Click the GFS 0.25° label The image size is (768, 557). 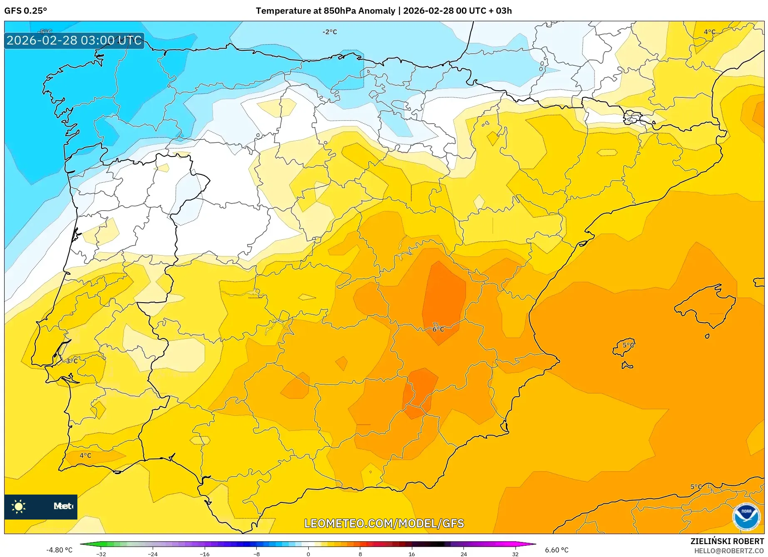point(25,11)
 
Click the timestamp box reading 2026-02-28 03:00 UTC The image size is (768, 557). point(74,40)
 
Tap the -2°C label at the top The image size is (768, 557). point(329,32)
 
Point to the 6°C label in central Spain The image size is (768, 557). point(438,329)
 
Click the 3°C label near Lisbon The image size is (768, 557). point(72,361)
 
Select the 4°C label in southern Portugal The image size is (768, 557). point(85,455)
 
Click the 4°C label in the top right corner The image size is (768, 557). point(709,32)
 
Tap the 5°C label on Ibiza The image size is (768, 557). point(628,345)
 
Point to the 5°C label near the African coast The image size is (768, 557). point(696,487)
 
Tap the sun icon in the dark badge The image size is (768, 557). point(19,507)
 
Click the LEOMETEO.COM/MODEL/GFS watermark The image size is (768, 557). point(384,523)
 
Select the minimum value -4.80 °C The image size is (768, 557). point(59,550)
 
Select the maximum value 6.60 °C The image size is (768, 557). point(557,550)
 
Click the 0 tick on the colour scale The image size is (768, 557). point(308,554)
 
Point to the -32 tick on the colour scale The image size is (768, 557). point(101,554)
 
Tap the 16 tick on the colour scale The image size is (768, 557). point(411,554)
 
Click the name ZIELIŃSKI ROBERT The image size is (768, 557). point(727,542)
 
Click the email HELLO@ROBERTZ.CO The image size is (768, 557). point(729,551)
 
